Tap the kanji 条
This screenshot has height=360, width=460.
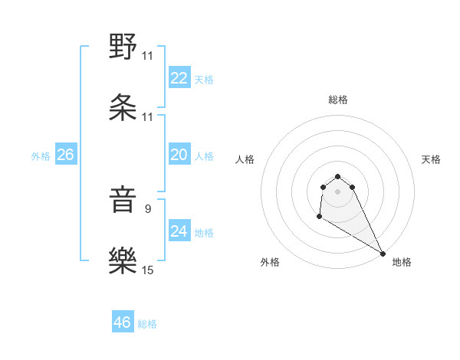click(x=123, y=107)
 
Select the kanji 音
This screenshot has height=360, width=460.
click(x=123, y=201)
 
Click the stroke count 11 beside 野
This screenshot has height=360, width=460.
click(x=148, y=56)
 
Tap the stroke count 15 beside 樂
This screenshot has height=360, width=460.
click(x=148, y=270)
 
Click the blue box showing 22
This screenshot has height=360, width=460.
click(x=179, y=79)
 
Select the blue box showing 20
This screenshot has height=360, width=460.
click(x=179, y=155)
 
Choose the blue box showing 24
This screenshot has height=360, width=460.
click(x=179, y=231)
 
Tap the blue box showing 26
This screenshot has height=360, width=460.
click(x=65, y=155)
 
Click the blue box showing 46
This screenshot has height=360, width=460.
click(x=123, y=322)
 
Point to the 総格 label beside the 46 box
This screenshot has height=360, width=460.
click(x=148, y=324)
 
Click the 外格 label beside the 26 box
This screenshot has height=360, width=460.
click(x=41, y=156)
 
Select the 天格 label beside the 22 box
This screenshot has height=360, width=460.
click(x=204, y=80)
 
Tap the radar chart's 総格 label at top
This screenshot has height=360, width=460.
click(x=338, y=100)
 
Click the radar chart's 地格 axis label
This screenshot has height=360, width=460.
click(x=402, y=262)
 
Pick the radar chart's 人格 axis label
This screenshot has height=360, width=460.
click(x=245, y=159)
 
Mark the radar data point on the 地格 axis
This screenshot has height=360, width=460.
click(x=383, y=254)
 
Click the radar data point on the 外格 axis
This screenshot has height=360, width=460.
click(x=319, y=218)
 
